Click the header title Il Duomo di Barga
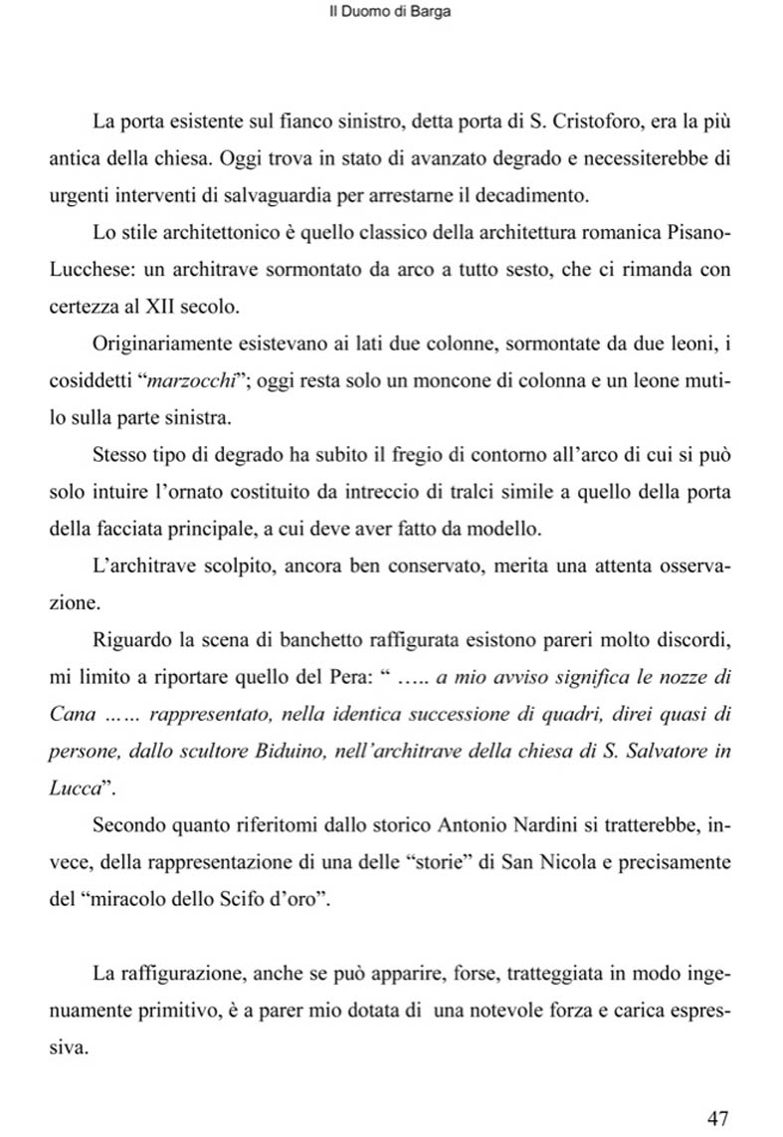pos(390,15)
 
